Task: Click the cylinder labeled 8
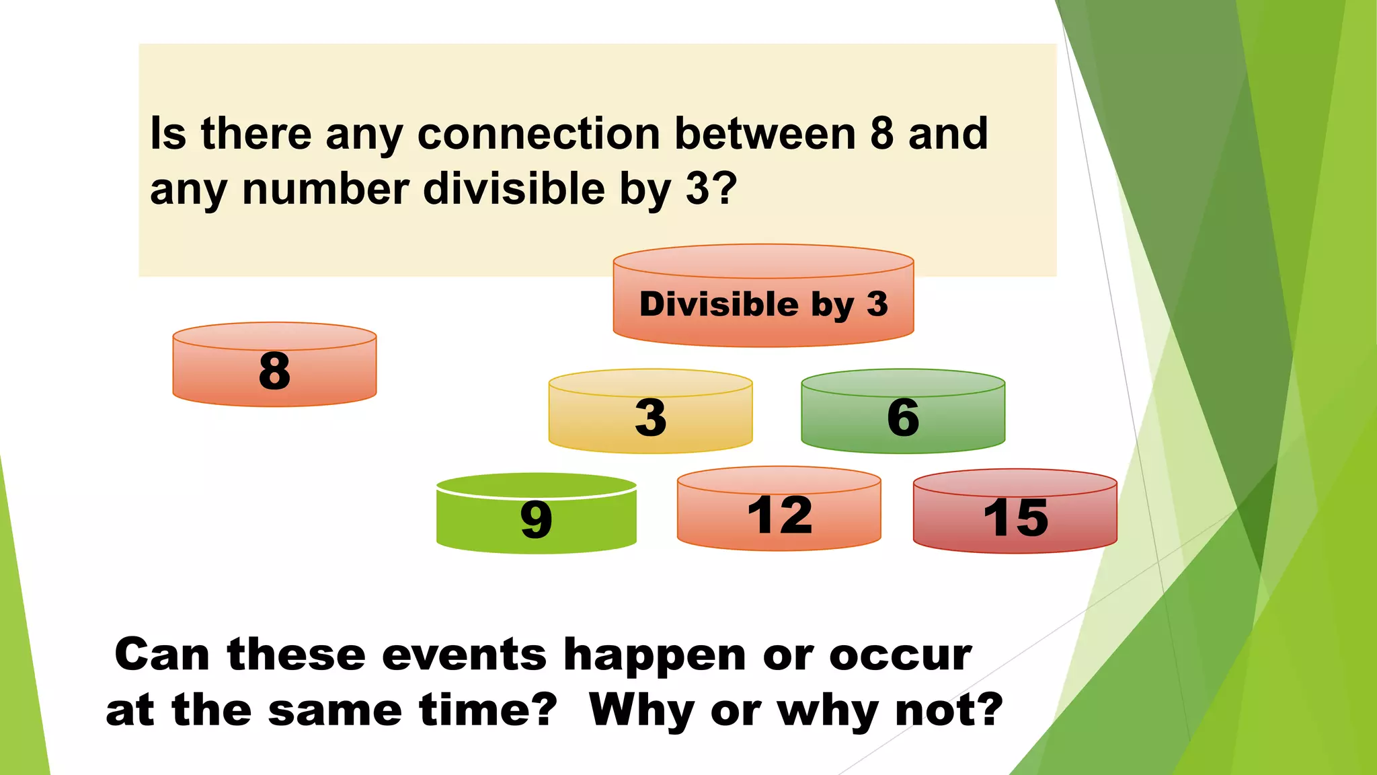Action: pyautogui.click(x=274, y=371)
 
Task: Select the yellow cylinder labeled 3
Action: pyautogui.click(x=650, y=417)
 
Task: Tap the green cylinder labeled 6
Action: pyautogui.click(x=903, y=417)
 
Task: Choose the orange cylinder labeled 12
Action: pyautogui.click(x=779, y=515)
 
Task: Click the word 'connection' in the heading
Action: pyautogui.click(x=539, y=134)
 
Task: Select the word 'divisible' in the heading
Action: pyautogui.click(x=514, y=189)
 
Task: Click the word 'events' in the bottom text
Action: pyautogui.click(x=464, y=655)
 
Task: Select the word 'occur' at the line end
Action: pyautogui.click(x=900, y=655)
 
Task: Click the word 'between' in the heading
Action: pyautogui.click(x=765, y=134)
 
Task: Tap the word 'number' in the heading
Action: pyautogui.click(x=325, y=189)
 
